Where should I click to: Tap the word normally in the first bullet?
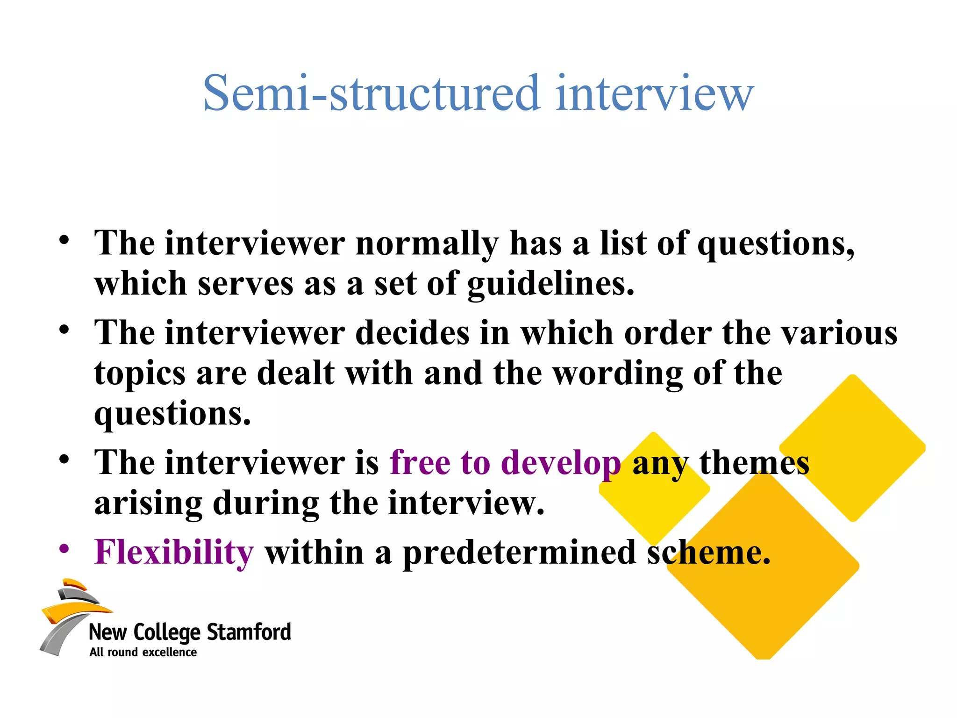(427, 244)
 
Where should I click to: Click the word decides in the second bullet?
(412, 333)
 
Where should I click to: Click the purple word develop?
(561, 463)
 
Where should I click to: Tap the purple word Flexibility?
(174, 553)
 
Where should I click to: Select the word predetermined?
(519, 553)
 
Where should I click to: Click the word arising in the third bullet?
(148, 503)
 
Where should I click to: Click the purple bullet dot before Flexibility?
(64, 548)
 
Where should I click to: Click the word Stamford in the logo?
(249, 632)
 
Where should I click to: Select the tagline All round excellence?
(143, 652)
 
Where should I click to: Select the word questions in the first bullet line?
(776, 244)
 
